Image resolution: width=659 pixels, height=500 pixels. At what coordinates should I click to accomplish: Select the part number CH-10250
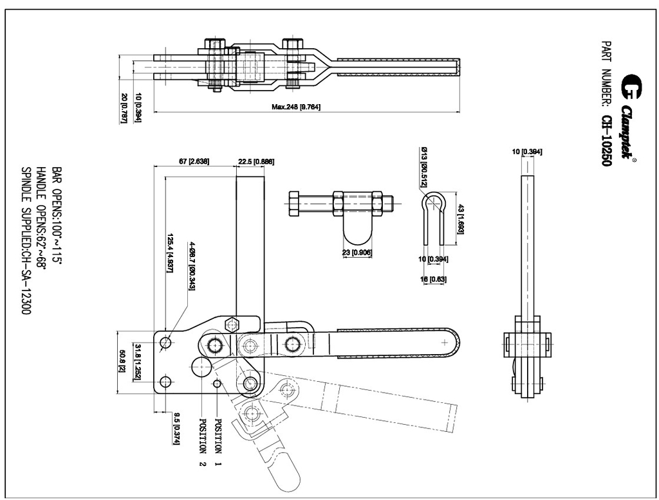click(x=606, y=141)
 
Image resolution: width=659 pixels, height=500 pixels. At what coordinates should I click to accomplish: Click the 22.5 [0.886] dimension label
click(x=255, y=161)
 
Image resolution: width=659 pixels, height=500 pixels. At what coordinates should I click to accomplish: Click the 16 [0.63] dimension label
click(x=434, y=279)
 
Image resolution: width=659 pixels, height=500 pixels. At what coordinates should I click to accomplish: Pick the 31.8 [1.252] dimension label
click(x=137, y=362)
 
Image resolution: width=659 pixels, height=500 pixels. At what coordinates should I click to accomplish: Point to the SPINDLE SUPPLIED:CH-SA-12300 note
click(x=27, y=241)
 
